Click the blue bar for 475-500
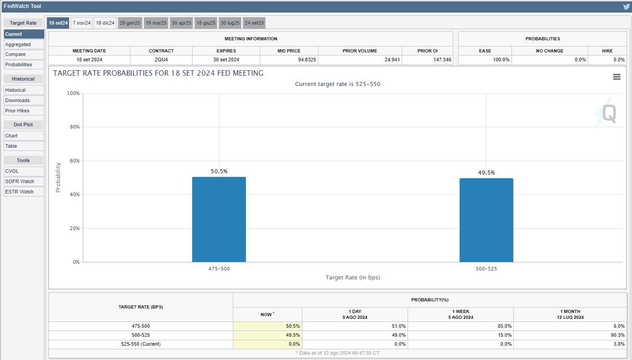point(219,219)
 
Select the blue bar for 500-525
point(486,220)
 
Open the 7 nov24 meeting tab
point(82,23)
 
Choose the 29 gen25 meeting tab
point(130,23)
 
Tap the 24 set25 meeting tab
point(254,23)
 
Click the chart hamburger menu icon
point(617,77)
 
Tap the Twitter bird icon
point(626,7)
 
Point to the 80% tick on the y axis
point(73,127)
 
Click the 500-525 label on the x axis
point(486,269)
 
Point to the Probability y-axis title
point(58,177)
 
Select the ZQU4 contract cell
point(161,60)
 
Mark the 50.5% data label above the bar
point(219,171)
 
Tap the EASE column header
point(485,51)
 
